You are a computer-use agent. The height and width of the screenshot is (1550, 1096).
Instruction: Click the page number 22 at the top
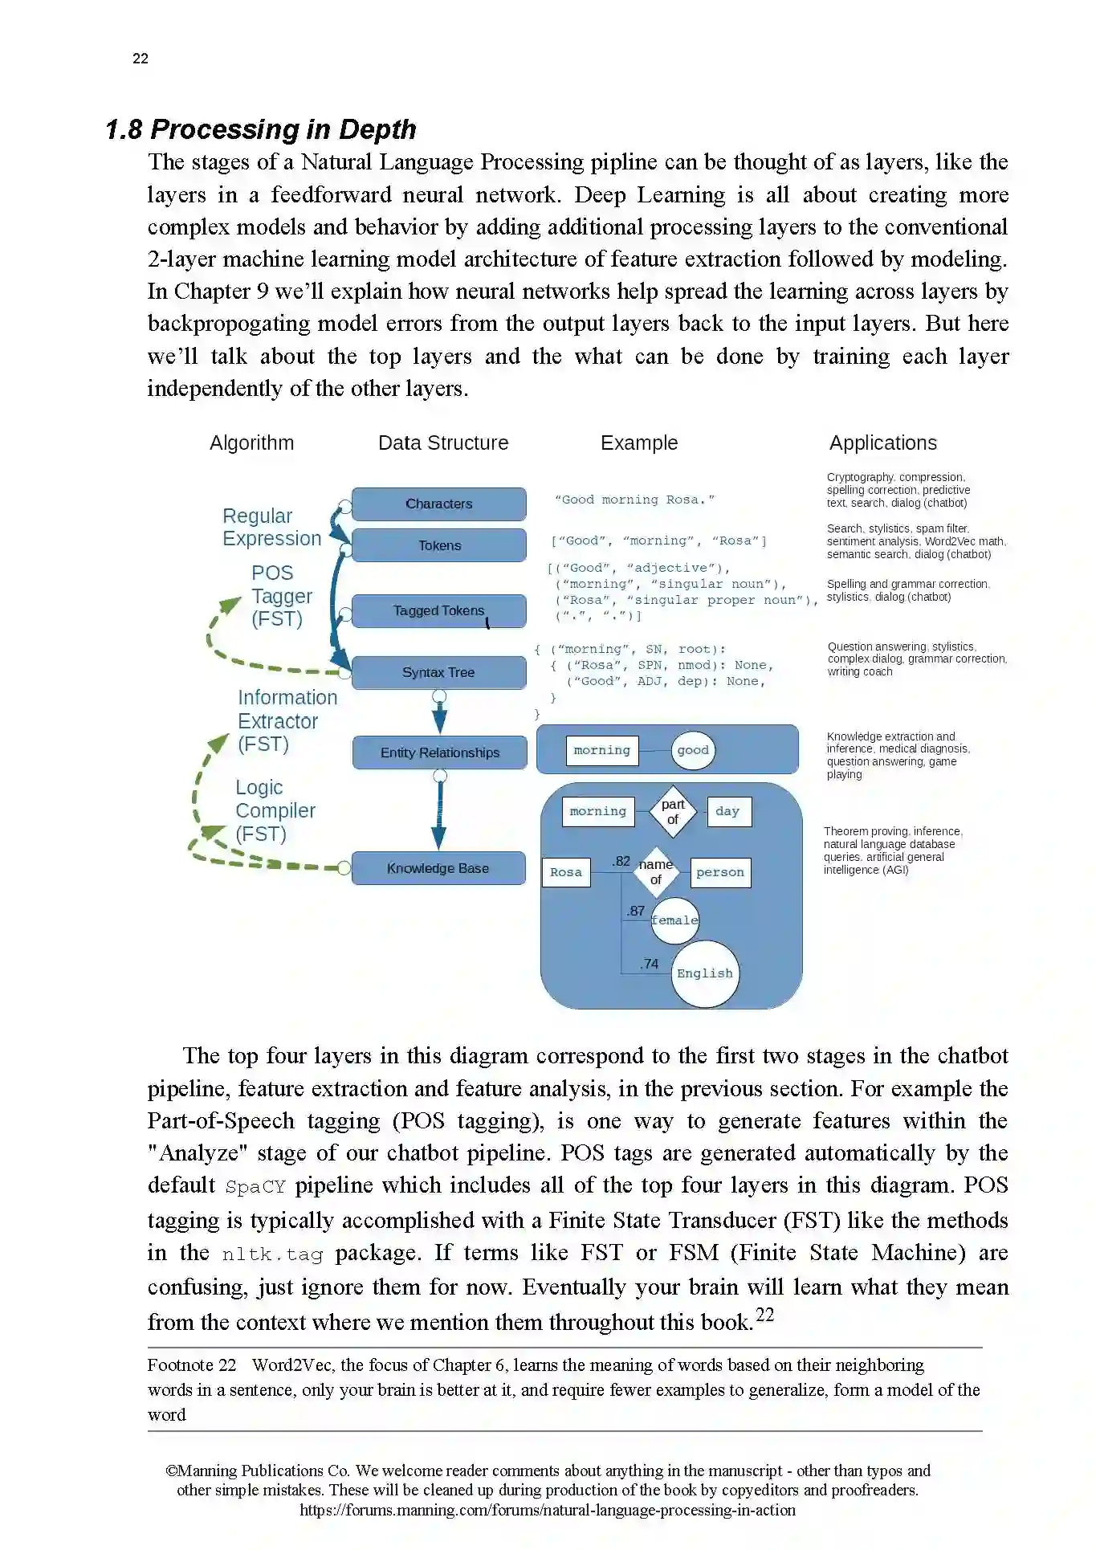[x=141, y=59]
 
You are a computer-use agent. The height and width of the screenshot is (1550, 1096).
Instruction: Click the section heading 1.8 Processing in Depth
[x=261, y=129]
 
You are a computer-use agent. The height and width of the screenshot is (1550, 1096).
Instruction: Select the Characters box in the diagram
[x=438, y=504]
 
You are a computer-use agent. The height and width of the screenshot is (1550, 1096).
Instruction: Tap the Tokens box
[x=438, y=545]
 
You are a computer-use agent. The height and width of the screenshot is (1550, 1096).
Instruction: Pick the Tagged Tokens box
[x=438, y=611]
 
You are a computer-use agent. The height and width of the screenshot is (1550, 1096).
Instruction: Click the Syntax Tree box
[x=438, y=672]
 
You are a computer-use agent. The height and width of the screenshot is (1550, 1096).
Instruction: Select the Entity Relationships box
[x=439, y=753]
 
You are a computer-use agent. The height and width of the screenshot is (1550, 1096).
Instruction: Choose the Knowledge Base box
[x=438, y=868]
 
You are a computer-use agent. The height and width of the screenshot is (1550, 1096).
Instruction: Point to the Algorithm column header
[x=251, y=443]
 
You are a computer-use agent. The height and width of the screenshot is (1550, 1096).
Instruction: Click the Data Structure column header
[x=443, y=443]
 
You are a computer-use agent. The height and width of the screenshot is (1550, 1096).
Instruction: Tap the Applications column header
[x=882, y=443]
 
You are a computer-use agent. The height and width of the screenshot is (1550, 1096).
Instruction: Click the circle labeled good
[x=692, y=750]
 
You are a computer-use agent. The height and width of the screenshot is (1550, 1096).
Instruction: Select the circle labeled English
[x=704, y=973]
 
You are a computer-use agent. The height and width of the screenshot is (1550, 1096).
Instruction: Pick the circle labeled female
[x=674, y=920]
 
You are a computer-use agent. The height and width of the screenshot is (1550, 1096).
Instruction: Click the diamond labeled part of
[x=673, y=811]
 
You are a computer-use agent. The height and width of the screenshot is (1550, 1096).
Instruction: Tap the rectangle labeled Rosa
[x=566, y=872]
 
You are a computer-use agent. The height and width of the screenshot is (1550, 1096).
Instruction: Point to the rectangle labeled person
[x=719, y=872]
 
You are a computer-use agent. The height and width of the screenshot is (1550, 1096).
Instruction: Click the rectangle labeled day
[x=727, y=811]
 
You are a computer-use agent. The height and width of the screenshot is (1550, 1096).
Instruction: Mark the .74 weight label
[x=649, y=964]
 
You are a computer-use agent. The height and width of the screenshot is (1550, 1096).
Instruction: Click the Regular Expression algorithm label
[x=271, y=527]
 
